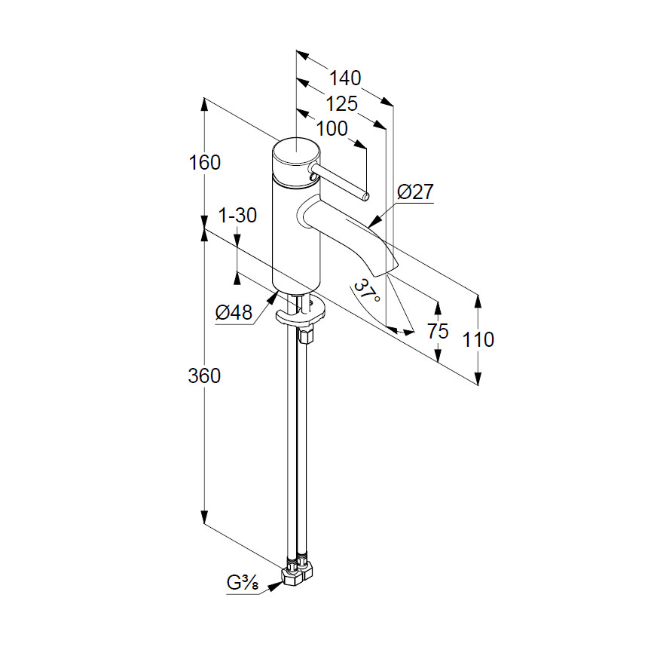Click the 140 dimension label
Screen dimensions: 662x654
click(x=345, y=78)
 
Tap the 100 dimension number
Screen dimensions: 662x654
click(x=332, y=128)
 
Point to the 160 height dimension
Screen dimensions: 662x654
click(x=204, y=162)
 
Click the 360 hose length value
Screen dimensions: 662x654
click(x=204, y=375)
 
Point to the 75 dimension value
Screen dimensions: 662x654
click(x=437, y=331)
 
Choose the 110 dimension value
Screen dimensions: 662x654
click(x=478, y=339)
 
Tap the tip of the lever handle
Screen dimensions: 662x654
click(x=365, y=197)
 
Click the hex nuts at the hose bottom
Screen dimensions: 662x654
click(x=296, y=572)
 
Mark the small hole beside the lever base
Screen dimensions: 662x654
click(x=310, y=177)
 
